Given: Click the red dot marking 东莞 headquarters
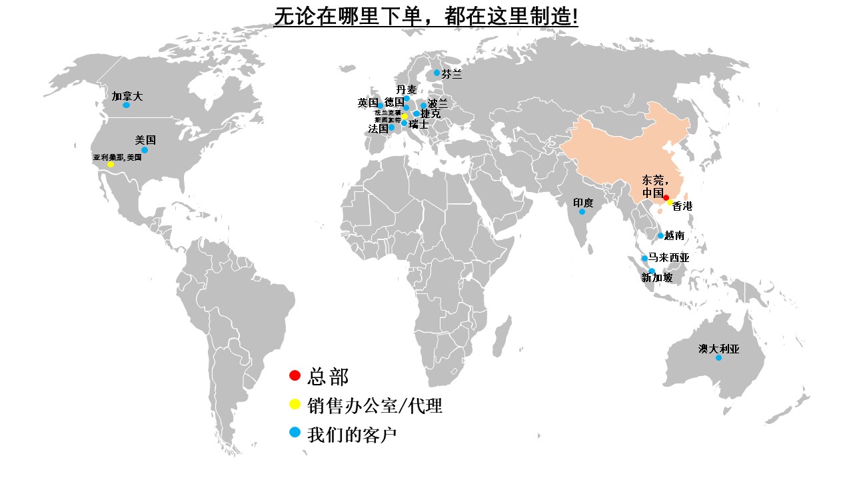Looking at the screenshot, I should pos(666,197).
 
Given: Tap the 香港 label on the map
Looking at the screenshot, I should pos(682,207).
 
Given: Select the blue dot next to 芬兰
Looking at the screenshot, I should pos(437,73).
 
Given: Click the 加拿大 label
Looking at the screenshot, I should pos(127,96).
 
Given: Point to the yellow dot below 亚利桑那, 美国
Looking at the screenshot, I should pos(111,165).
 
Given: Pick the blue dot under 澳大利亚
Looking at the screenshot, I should pos(718,358).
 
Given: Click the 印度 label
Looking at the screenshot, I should pos(583,202).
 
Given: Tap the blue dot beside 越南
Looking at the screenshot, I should pos(660,235).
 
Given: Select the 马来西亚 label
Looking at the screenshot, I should pos(669,257).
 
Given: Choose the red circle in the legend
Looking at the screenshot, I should pos(295,375).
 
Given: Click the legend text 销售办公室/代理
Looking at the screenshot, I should pos(375,406).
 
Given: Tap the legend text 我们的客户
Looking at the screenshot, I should pos(352,435).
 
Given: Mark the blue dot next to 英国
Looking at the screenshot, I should pos(381,105).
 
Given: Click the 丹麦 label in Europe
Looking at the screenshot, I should pos(407,89).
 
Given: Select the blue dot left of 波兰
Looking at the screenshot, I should pos(423,105).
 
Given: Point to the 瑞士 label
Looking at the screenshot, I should pos(419,124).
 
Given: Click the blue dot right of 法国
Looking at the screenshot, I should pos(391,127).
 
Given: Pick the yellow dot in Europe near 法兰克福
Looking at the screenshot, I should pos(405,117).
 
